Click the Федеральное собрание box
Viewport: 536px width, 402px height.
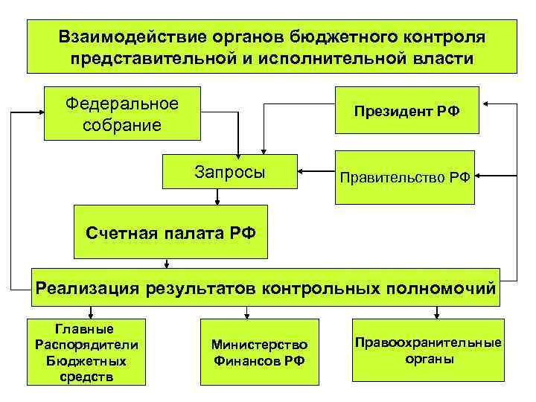(123, 114)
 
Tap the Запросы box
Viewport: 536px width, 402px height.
(230, 173)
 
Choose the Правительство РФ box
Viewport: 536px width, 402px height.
(405, 177)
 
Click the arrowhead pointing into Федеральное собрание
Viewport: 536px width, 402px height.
(40, 115)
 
